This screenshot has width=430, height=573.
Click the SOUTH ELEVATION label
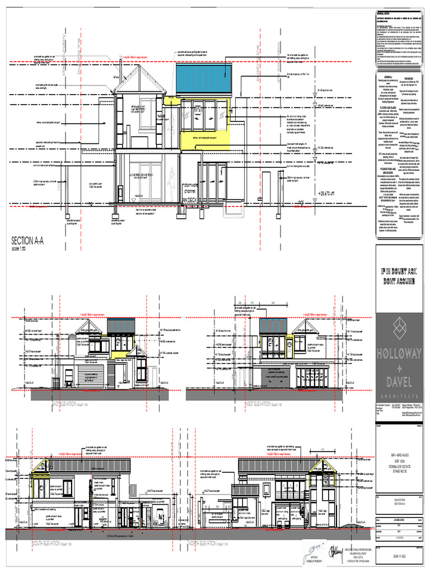54,543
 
